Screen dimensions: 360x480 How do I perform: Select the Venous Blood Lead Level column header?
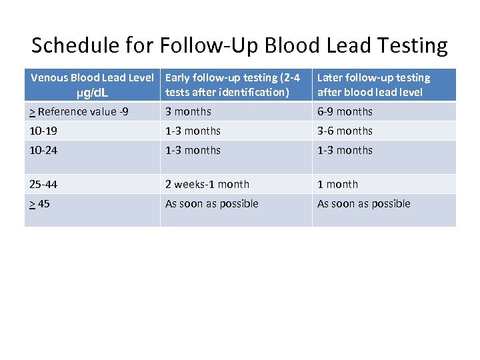click(x=92, y=78)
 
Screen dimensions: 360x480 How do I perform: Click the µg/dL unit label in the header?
click(x=92, y=92)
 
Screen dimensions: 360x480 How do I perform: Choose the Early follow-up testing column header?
click(x=232, y=85)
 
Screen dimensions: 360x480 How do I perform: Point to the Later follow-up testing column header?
click(x=373, y=85)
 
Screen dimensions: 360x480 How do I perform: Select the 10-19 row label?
click(x=43, y=131)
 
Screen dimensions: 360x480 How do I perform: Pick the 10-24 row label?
click(x=43, y=150)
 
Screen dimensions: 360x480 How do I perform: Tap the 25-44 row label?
click(x=43, y=184)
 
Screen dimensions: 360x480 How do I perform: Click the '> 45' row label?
click(x=39, y=203)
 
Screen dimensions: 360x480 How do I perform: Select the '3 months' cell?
click(x=188, y=111)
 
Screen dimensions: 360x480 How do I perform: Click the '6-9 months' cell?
click(x=345, y=111)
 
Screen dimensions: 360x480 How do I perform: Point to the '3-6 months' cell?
click(x=345, y=131)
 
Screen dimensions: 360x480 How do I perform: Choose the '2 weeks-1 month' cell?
click(x=207, y=184)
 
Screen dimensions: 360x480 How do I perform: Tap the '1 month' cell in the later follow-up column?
click(x=337, y=184)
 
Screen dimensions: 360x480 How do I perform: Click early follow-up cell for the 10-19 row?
click(x=193, y=131)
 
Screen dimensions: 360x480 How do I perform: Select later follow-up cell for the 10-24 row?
click(x=345, y=150)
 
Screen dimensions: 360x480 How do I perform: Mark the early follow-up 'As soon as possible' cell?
click(x=211, y=203)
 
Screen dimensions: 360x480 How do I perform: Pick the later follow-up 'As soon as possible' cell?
click(x=363, y=203)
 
